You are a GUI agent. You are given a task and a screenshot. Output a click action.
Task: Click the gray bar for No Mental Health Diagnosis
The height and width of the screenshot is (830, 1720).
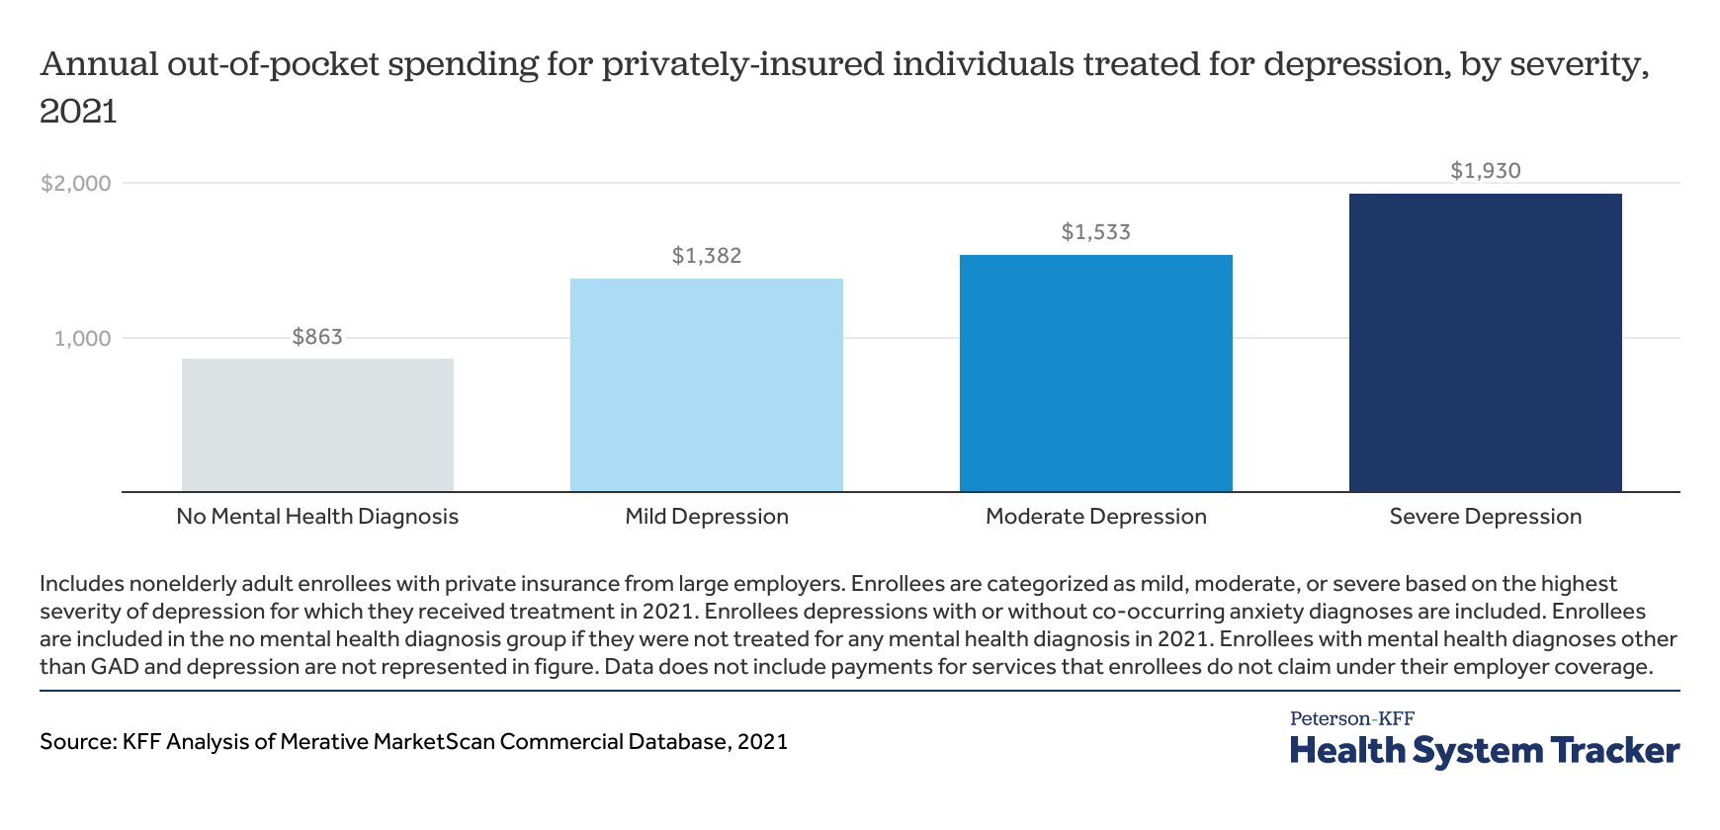coord(317,425)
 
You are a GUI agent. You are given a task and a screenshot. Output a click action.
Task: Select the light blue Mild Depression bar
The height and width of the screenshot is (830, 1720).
coord(707,385)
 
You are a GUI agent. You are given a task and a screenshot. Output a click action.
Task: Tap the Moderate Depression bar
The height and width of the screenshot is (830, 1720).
coord(1095,373)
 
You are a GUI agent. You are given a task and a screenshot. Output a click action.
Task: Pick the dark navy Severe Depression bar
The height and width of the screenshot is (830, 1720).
coord(1485,343)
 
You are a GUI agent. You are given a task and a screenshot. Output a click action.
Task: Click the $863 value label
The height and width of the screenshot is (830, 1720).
coord(317,337)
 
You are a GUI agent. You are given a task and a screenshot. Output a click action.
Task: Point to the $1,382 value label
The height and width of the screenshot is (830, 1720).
coord(707,256)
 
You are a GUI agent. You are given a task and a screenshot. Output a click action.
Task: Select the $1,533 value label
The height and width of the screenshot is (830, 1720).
coord(1095,232)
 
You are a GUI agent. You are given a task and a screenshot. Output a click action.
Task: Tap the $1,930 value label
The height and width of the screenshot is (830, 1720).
coord(1485,171)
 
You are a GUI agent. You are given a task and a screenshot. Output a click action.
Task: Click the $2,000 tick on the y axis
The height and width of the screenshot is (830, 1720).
coord(76,184)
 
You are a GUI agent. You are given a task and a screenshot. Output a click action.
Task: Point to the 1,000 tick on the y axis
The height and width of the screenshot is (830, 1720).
coord(83,339)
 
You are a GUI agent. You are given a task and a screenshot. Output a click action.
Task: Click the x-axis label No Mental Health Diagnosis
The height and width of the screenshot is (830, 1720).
coord(317,516)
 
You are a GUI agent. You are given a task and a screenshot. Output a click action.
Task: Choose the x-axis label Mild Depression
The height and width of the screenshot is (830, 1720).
coord(707,516)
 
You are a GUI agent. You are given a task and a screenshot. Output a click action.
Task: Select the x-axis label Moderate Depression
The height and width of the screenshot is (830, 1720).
coord(1095,516)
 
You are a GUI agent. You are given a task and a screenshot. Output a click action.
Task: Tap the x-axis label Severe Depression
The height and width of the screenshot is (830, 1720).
coord(1485,516)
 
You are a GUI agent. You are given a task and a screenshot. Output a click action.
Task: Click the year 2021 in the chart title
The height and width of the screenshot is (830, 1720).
coord(78,112)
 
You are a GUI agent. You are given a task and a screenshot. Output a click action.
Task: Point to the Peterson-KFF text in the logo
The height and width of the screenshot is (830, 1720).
coord(1352,718)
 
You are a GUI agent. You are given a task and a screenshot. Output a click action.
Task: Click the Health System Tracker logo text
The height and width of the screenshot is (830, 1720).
coord(1485,750)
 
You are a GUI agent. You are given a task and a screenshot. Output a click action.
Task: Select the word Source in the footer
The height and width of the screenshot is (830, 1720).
coord(76,741)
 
